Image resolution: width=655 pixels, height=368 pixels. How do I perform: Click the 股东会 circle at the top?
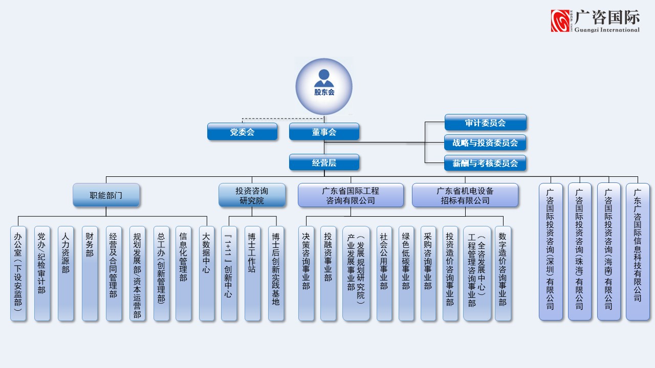point(324,86)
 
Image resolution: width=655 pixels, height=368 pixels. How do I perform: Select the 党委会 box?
point(242,132)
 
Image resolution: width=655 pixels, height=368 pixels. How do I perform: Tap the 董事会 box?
point(324,132)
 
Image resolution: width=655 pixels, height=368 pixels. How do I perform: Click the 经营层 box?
point(324,163)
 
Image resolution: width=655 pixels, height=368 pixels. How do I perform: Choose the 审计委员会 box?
point(485,123)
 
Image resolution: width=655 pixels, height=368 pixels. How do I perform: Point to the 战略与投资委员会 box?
point(485,143)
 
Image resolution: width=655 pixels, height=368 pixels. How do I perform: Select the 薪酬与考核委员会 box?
point(485,163)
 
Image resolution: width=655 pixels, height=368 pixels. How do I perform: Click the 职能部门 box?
point(106,195)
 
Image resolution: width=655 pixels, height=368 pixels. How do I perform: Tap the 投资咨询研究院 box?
point(252,195)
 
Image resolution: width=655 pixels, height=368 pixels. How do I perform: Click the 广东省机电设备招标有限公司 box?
point(465,195)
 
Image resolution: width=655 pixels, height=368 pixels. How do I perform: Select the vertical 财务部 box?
point(90,273)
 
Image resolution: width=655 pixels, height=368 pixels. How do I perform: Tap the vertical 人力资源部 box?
point(65,273)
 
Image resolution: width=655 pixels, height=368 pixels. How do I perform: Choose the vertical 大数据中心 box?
point(206,273)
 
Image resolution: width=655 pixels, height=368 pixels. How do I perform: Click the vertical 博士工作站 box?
point(252,273)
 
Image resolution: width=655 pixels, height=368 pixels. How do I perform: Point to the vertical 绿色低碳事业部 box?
point(406,273)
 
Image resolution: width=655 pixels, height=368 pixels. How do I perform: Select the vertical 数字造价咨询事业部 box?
point(503,273)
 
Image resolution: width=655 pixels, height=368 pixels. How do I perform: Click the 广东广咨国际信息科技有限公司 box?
point(638,251)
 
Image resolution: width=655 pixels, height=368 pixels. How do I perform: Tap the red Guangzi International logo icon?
point(561,21)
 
